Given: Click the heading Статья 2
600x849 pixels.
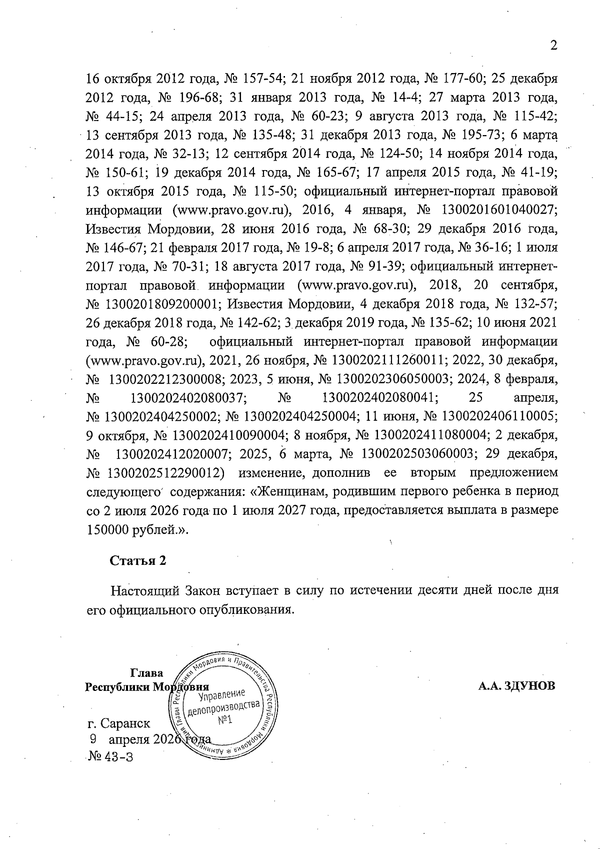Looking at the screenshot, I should [138, 560].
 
